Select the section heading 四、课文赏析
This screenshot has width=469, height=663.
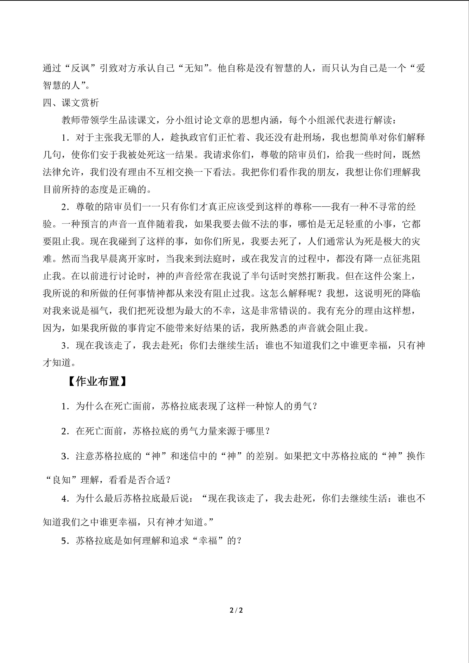click(x=71, y=103)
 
